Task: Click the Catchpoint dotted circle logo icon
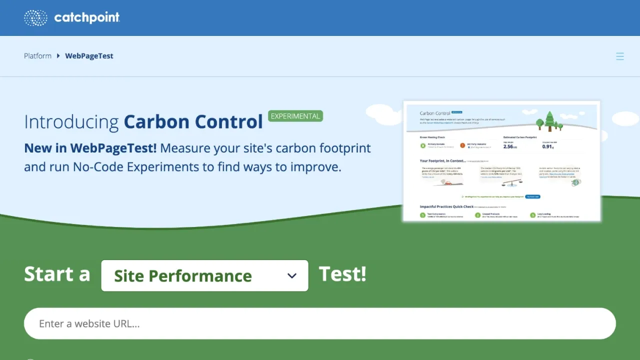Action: point(35,18)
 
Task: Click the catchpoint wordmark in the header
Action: point(87,18)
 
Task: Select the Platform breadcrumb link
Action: point(37,56)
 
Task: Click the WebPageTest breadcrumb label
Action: point(89,56)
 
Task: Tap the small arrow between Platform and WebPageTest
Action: point(58,56)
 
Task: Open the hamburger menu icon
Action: point(620,56)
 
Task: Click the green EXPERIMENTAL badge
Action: point(295,116)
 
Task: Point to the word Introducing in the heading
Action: point(71,122)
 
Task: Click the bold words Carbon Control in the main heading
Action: point(193,122)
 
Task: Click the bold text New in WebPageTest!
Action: point(90,148)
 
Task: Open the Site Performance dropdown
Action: point(204,275)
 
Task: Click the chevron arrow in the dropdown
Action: point(292,275)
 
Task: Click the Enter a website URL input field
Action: point(320,323)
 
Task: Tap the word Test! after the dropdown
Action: point(342,274)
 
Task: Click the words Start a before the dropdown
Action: point(57,274)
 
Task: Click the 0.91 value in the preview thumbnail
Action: point(548,146)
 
